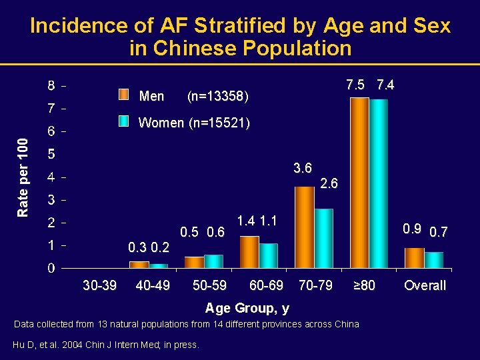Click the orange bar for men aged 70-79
(x=304, y=227)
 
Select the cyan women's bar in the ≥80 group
(x=379, y=183)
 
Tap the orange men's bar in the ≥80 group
(x=359, y=183)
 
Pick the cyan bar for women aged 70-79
(x=324, y=239)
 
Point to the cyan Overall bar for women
(x=434, y=260)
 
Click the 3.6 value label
(x=303, y=168)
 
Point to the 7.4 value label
(x=385, y=85)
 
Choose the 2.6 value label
(x=329, y=183)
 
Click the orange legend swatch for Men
(x=123, y=95)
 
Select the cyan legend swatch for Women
(x=123, y=121)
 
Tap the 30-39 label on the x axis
(x=99, y=285)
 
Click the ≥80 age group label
(x=364, y=285)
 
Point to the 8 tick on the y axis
(x=51, y=86)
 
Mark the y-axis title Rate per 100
(x=23, y=177)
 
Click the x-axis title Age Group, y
(x=247, y=308)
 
